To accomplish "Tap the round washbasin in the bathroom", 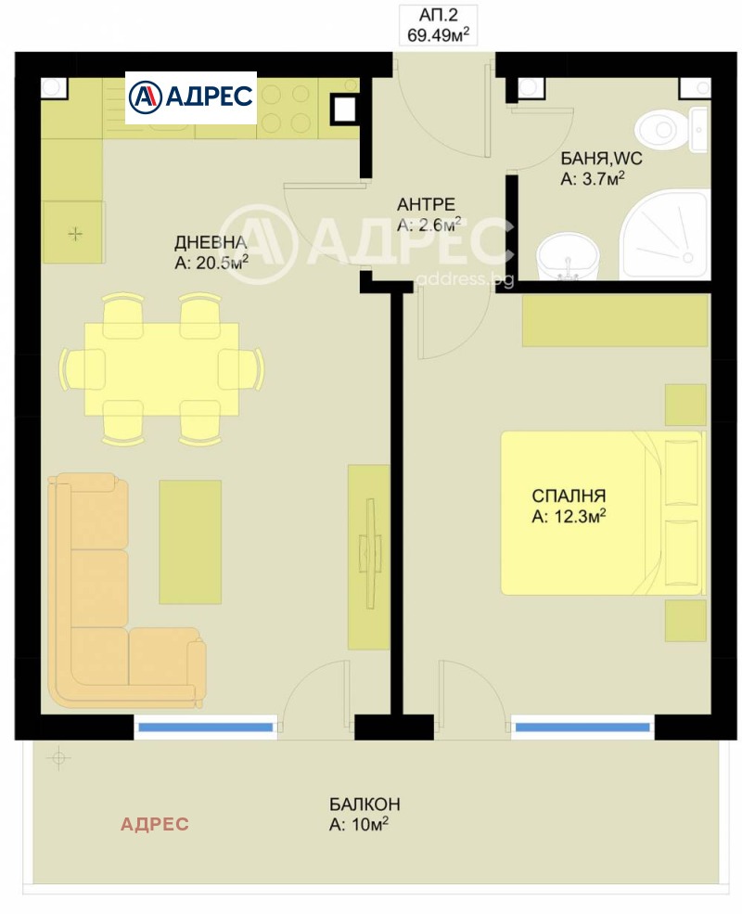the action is pos(567,256).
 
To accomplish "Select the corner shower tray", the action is pos(664,235).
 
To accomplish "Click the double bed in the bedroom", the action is pos(602,513).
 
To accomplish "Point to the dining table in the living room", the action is pos(161,369).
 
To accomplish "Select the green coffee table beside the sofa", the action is pos(190,542).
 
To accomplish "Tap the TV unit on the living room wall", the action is pos(368,557).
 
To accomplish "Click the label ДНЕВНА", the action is pos(211,242).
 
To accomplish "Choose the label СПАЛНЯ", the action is pos(569,496).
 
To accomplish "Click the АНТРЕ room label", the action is pos(426,204).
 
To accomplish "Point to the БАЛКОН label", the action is pos(365,805).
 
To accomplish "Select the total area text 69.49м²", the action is pos(438,34).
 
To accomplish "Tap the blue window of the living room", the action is pos(206,727).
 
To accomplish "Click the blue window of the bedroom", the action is pos(582,727).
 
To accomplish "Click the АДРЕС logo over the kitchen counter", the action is pos(191,97).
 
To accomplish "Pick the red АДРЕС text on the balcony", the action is pos(154,824).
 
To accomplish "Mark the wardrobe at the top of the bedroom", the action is pos(615,321).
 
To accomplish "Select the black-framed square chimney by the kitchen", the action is pos(343,109).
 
